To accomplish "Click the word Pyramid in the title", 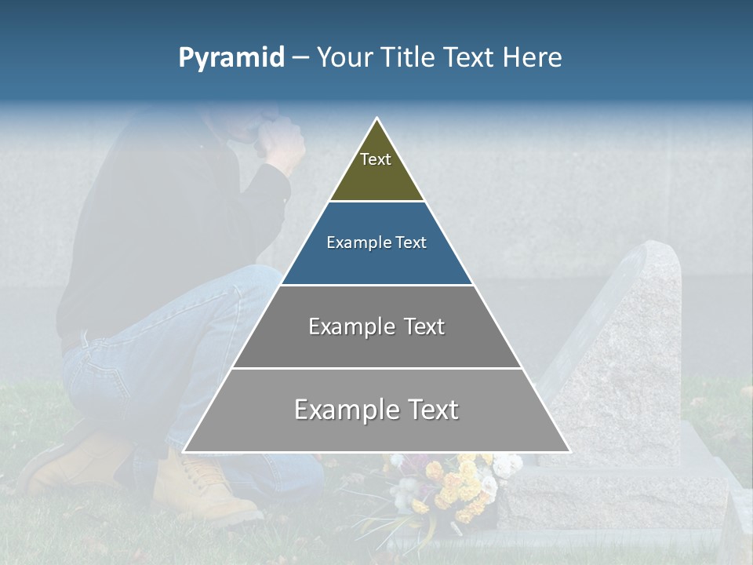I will [231, 58].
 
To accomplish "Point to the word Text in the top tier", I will [376, 159].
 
